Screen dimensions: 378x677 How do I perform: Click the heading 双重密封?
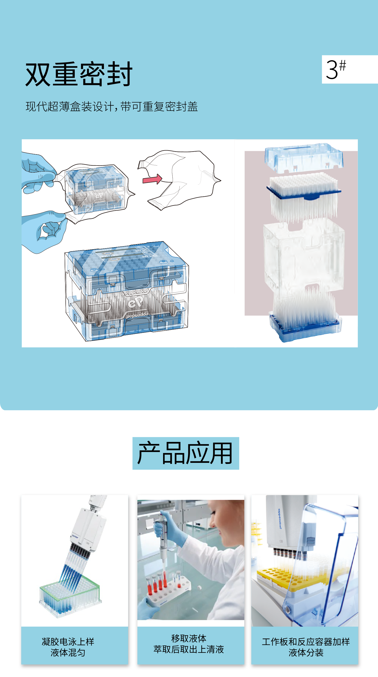point(79,74)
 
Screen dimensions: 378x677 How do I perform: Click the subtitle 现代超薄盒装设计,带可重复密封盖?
point(112,107)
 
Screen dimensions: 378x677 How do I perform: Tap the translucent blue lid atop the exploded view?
point(304,158)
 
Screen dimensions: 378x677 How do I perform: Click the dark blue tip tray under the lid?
point(304,193)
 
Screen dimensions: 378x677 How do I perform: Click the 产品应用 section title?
point(185,453)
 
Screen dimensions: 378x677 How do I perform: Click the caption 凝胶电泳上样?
point(68,641)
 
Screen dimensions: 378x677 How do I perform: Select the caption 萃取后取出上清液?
point(189,649)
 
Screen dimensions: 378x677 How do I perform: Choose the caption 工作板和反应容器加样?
point(306,641)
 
